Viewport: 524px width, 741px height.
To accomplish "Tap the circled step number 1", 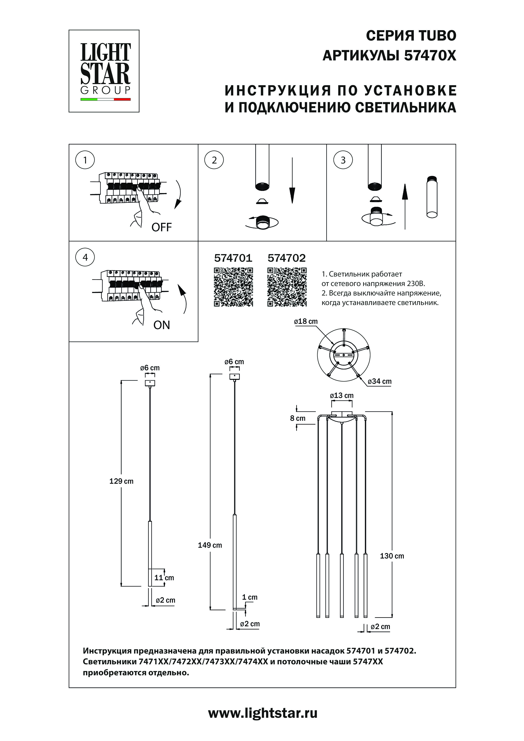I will [x=85, y=160].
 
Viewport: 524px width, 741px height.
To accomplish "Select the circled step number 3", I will [x=343, y=160].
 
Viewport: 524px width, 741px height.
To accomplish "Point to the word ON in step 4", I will [x=161, y=325].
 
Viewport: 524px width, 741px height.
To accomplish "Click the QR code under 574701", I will [x=233, y=287].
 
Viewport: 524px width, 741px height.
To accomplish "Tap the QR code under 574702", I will [x=287, y=287].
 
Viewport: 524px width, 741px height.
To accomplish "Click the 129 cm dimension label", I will [x=121, y=481].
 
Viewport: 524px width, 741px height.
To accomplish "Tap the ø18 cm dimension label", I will [x=306, y=321].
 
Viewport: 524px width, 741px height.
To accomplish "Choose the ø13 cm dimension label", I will [x=342, y=396].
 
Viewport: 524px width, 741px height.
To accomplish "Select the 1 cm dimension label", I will [x=250, y=597].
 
